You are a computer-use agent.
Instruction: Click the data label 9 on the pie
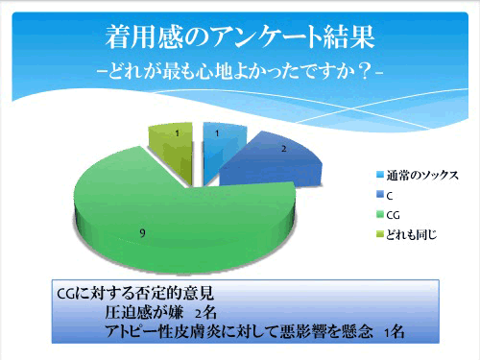point(143,232)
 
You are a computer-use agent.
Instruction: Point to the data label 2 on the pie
point(281,150)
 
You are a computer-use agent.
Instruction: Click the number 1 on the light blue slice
point(218,133)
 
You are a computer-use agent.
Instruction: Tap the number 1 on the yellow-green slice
point(175,131)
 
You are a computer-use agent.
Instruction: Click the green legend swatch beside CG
point(377,215)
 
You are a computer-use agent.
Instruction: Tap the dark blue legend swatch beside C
point(377,196)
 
